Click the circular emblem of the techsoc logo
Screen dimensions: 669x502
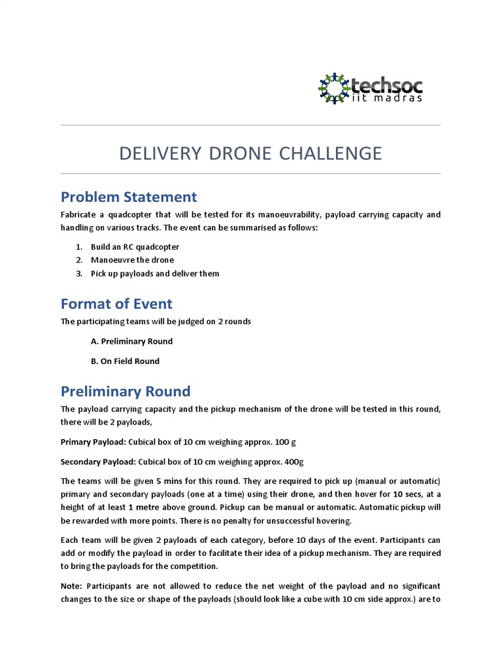(x=333, y=88)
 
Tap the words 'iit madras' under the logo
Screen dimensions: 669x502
(x=386, y=98)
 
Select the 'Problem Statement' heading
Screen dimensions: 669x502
(x=129, y=197)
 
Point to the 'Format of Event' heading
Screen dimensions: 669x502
(x=116, y=304)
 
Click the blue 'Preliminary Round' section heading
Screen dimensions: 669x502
(x=125, y=391)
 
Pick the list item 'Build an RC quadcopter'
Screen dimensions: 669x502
(x=135, y=247)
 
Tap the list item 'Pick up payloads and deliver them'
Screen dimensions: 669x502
(x=155, y=273)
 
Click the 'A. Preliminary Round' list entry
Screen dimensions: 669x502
(x=131, y=341)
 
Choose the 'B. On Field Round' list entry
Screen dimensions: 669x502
(x=125, y=361)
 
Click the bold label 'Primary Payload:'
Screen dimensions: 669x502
(x=93, y=442)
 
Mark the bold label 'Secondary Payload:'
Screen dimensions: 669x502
(x=98, y=462)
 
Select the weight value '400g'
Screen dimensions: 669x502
(x=293, y=462)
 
